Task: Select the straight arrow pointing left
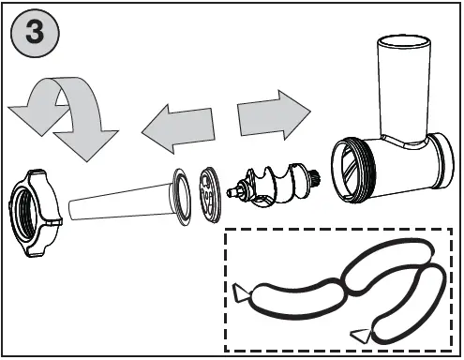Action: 178,128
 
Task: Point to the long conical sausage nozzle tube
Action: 117,205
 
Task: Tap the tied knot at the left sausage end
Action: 243,293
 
